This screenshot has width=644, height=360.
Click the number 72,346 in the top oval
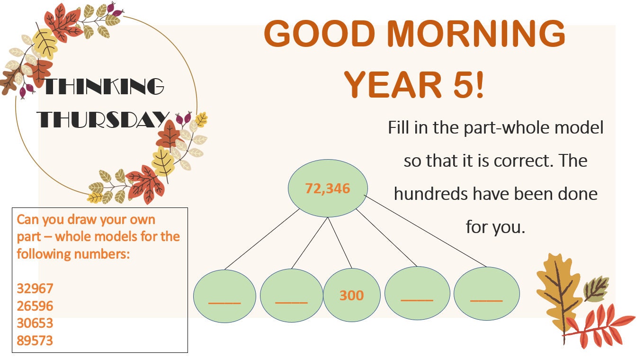(x=327, y=189)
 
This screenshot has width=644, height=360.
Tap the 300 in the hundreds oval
(x=351, y=296)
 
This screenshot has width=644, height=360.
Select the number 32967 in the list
(x=35, y=288)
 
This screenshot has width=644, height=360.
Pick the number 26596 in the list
(x=35, y=306)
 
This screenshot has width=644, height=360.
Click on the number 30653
(x=35, y=324)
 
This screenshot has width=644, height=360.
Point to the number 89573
(x=35, y=341)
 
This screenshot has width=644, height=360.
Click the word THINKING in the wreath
(x=104, y=87)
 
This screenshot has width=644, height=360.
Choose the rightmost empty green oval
(x=486, y=294)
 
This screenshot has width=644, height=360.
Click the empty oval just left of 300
(x=291, y=296)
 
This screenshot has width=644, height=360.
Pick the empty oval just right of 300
(x=417, y=293)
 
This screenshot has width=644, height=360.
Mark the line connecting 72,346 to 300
(x=340, y=243)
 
